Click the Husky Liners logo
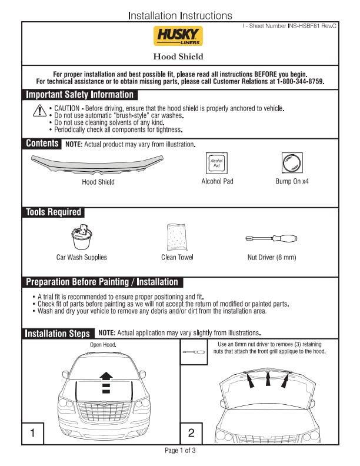tap(178, 36)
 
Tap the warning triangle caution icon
tap(39, 111)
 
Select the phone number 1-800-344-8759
tap(299, 81)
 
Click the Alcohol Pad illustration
tap(216, 163)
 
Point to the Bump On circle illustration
tap(292, 163)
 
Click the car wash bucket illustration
tap(82, 237)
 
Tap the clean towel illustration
tap(177, 237)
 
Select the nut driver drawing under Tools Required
tap(272, 238)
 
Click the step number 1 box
tap(33, 433)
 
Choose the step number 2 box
tap(191, 433)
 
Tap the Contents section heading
tap(42, 143)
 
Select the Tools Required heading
tap(54, 212)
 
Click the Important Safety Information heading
tap(79, 95)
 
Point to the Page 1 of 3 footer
tap(180, 451)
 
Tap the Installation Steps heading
tap(57, 334)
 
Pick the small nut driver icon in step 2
tap(194, 352)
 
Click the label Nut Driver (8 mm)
tap(272, 257)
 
